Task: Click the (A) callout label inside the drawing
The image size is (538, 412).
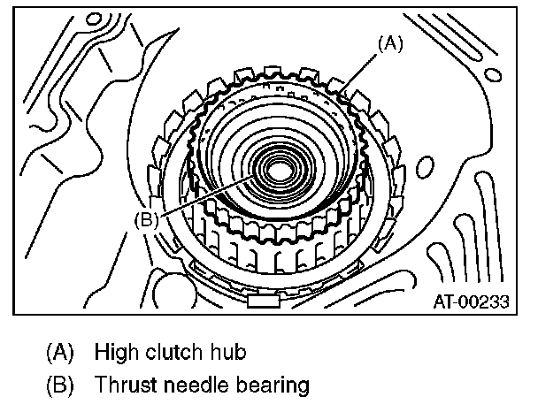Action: [x=390, y=42]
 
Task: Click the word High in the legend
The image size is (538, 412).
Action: [x=116, y=352]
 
